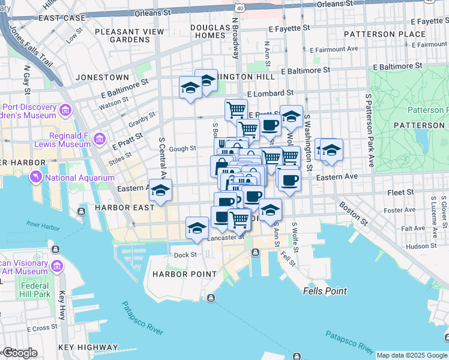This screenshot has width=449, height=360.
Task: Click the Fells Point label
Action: point(324,291)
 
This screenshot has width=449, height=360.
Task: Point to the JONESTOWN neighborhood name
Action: point(102,77)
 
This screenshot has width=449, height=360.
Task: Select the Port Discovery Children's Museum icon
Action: point(65,110)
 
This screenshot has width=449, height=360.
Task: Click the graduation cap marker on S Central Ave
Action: point(160,191)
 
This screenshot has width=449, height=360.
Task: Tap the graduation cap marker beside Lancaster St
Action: point(197,228)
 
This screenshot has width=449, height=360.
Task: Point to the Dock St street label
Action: point(185,255)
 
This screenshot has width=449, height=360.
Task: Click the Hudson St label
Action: point(420,246)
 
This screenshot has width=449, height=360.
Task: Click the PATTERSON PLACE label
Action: point(412,34)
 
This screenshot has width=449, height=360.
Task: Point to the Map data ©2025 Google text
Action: point(412,355)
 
